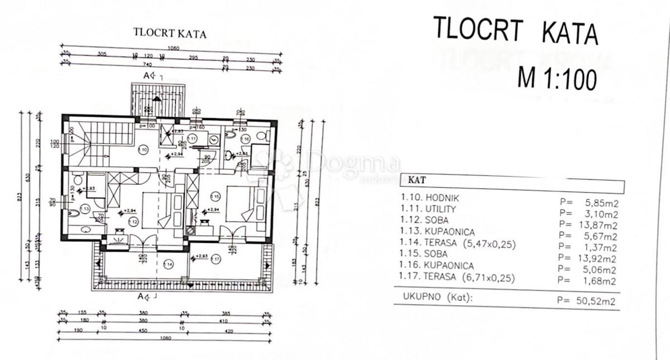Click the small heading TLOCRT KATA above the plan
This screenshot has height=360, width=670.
tap(169, 33)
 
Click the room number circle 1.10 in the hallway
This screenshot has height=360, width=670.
tap(142, 150)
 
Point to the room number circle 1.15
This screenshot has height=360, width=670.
tap(215, 196)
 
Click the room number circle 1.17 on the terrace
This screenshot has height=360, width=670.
tap(216, 258)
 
